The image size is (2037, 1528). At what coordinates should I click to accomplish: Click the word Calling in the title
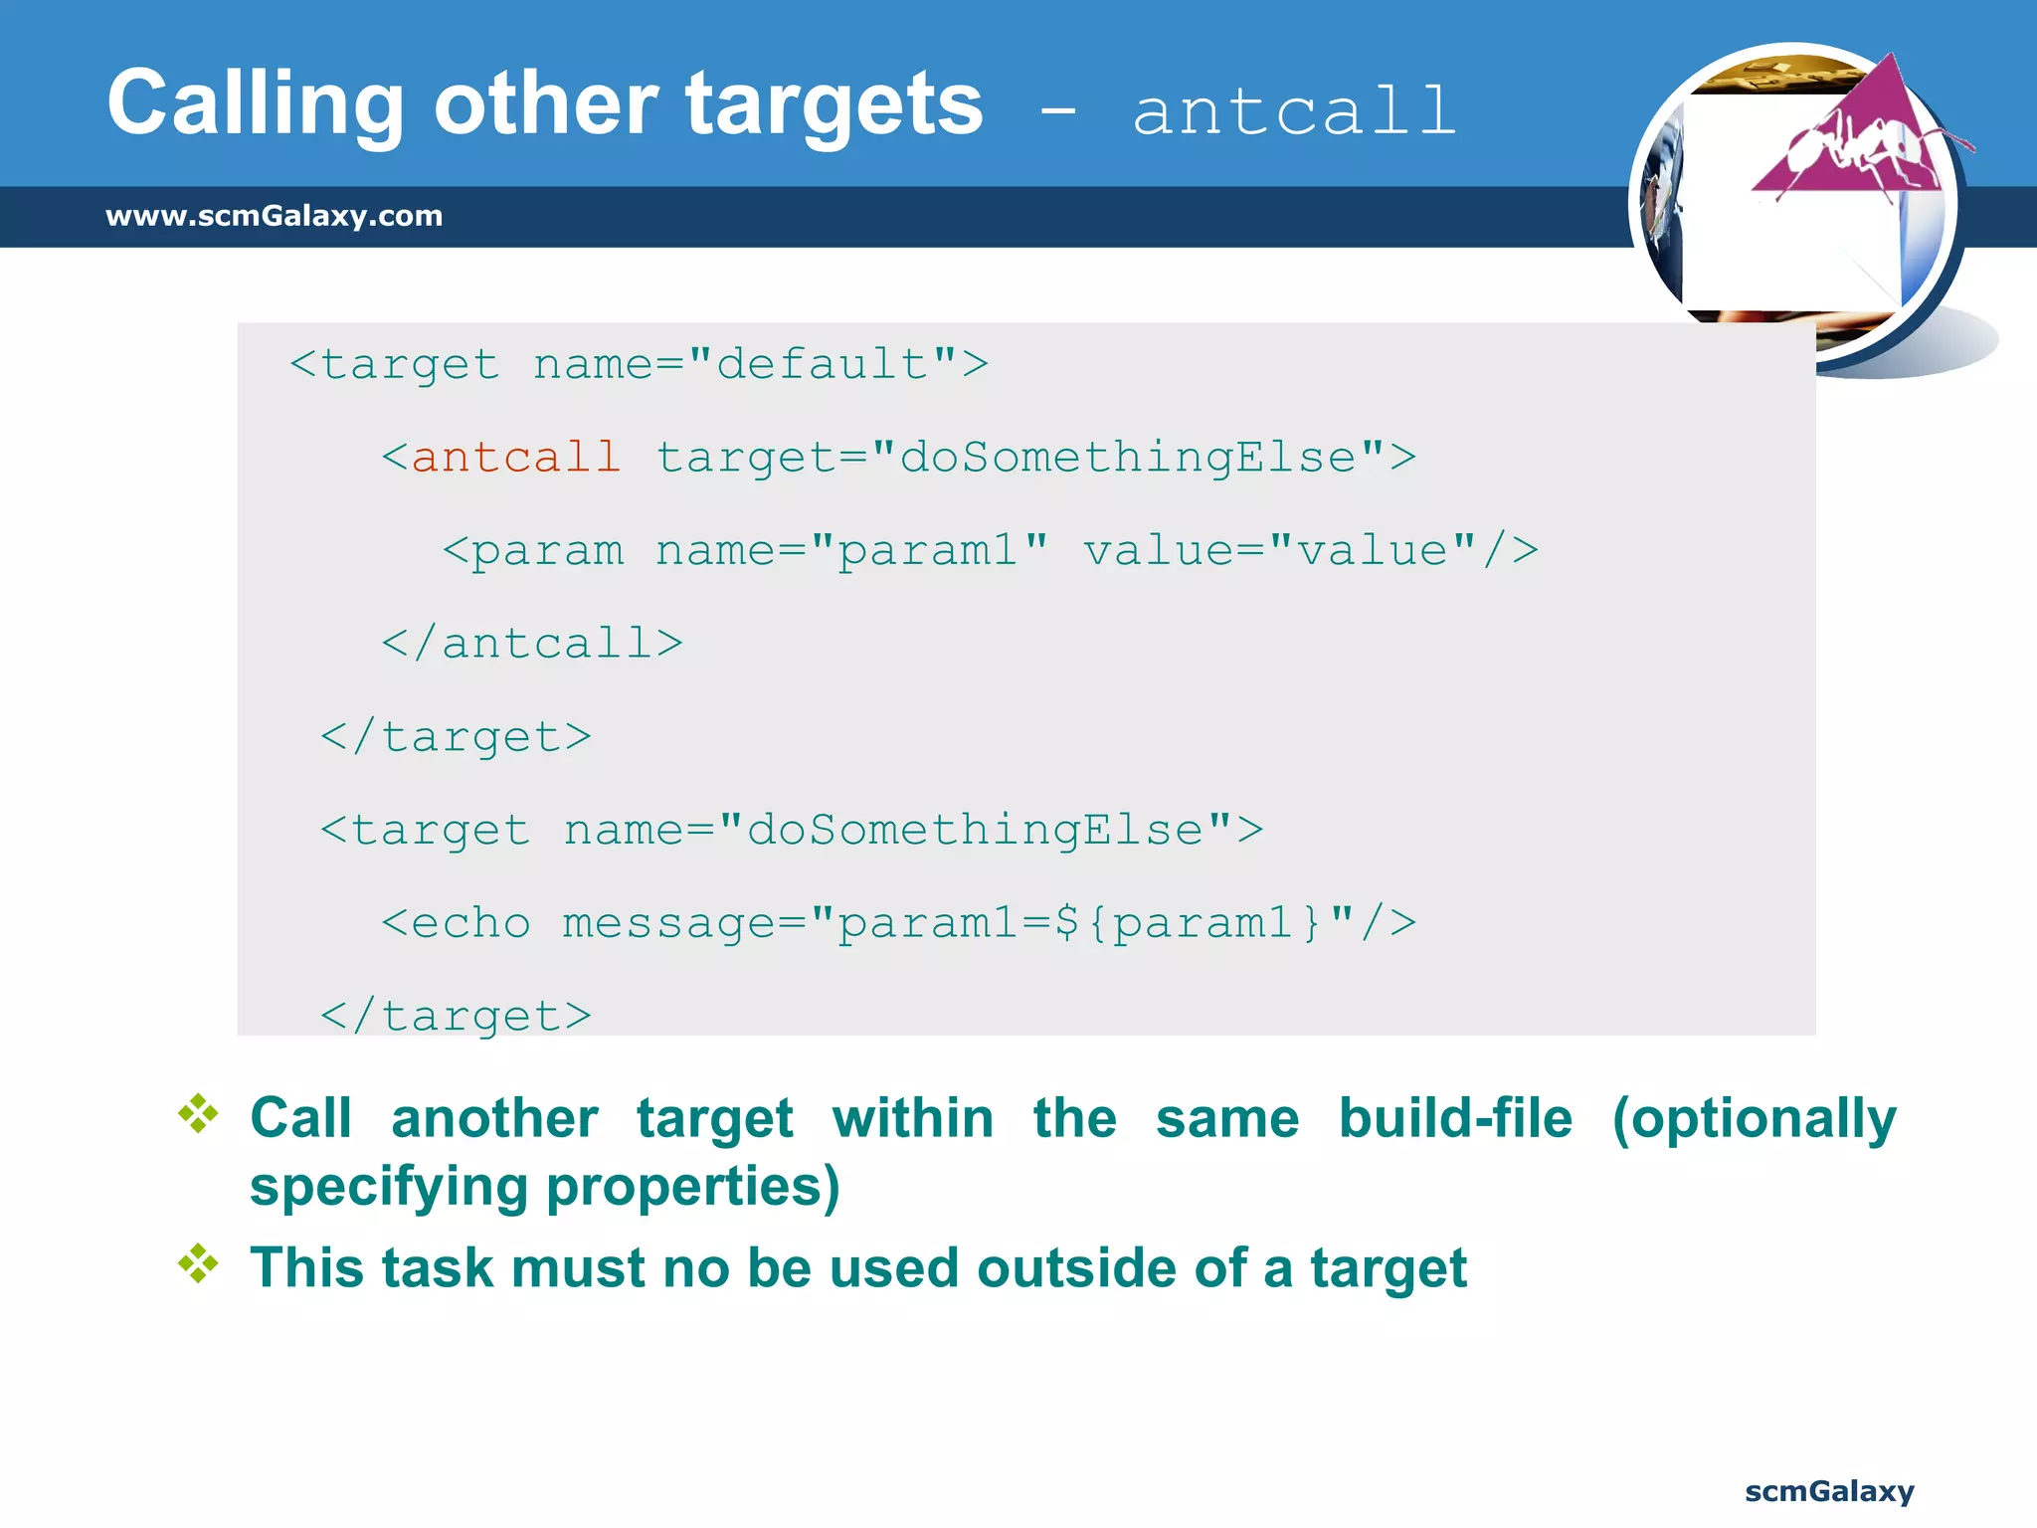255,105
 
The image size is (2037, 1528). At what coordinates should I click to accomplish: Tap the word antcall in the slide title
1294,111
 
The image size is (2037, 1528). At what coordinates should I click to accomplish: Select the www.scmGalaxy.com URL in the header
274,216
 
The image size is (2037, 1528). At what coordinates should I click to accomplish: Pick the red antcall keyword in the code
516,458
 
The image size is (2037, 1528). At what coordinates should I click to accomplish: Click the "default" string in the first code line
823,364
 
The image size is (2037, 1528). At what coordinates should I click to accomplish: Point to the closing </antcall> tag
532,644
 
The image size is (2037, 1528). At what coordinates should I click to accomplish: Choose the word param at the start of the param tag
547,550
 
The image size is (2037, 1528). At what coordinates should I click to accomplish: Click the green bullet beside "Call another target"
199,1114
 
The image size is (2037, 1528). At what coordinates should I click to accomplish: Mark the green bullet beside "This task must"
199,1263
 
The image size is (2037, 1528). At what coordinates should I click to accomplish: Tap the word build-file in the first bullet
1455,1118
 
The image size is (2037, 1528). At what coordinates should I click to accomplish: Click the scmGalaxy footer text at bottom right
1829,1491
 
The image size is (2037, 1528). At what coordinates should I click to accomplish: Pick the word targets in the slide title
833,105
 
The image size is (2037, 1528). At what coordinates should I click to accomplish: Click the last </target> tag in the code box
456,1016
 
